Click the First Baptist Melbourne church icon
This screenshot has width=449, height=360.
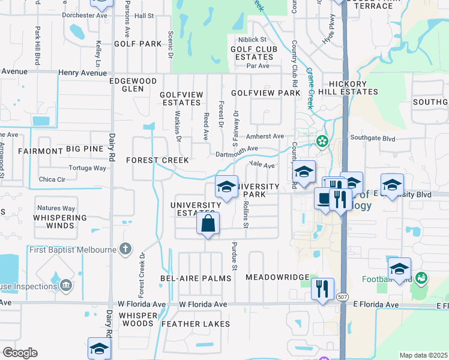tap(125, 249)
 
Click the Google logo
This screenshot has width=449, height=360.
tap(20, 353)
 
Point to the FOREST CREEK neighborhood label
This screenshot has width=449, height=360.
tap(157, 160)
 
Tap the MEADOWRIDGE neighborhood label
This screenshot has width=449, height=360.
tap(277, 278)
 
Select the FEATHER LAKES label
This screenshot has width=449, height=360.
tap(196, 324)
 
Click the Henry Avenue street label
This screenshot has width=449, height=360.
tap(82, 73)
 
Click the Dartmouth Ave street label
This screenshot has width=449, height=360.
tap(237, 152)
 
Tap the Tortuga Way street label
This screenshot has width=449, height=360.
tap(87, 168)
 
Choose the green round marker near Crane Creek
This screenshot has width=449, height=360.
tap(323, 142)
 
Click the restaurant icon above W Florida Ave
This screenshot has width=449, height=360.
tap(323, 289)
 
